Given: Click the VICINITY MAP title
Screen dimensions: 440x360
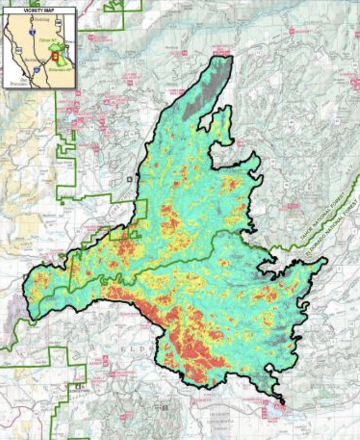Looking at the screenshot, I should click(x=39, y=11).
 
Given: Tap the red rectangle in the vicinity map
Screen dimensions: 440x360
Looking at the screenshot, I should click(x=55, y=56).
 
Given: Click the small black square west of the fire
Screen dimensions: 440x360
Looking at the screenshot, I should click(x=130, y=179).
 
